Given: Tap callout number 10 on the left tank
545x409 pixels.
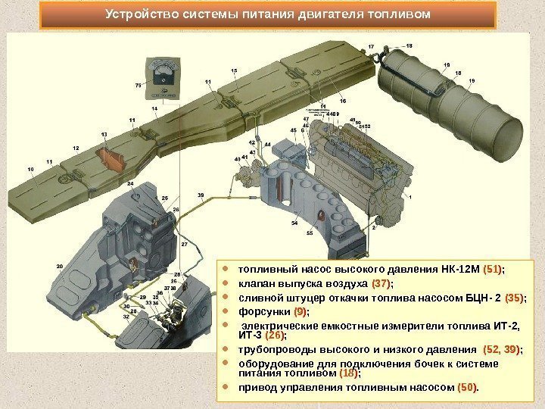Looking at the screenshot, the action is [31, 168].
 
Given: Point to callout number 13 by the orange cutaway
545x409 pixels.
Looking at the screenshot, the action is [103, 134].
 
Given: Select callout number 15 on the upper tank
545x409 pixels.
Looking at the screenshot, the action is [234, 70].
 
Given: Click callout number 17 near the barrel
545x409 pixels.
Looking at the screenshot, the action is [371, 47].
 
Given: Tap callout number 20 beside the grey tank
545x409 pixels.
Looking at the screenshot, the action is [60, 266].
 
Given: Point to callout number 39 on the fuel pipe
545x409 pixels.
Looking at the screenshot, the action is [201, 195].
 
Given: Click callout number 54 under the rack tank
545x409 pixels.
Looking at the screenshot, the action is [294, 223].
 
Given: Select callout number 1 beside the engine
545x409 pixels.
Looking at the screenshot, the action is [410, 196].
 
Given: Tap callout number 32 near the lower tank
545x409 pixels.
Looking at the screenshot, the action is [126, 317].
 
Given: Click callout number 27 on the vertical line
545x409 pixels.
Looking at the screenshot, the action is [184, 245].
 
